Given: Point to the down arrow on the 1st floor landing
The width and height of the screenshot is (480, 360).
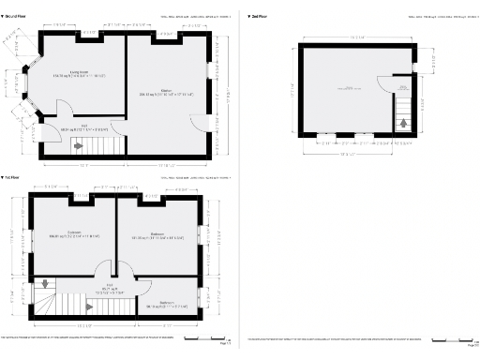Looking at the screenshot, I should pos(45,284).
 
